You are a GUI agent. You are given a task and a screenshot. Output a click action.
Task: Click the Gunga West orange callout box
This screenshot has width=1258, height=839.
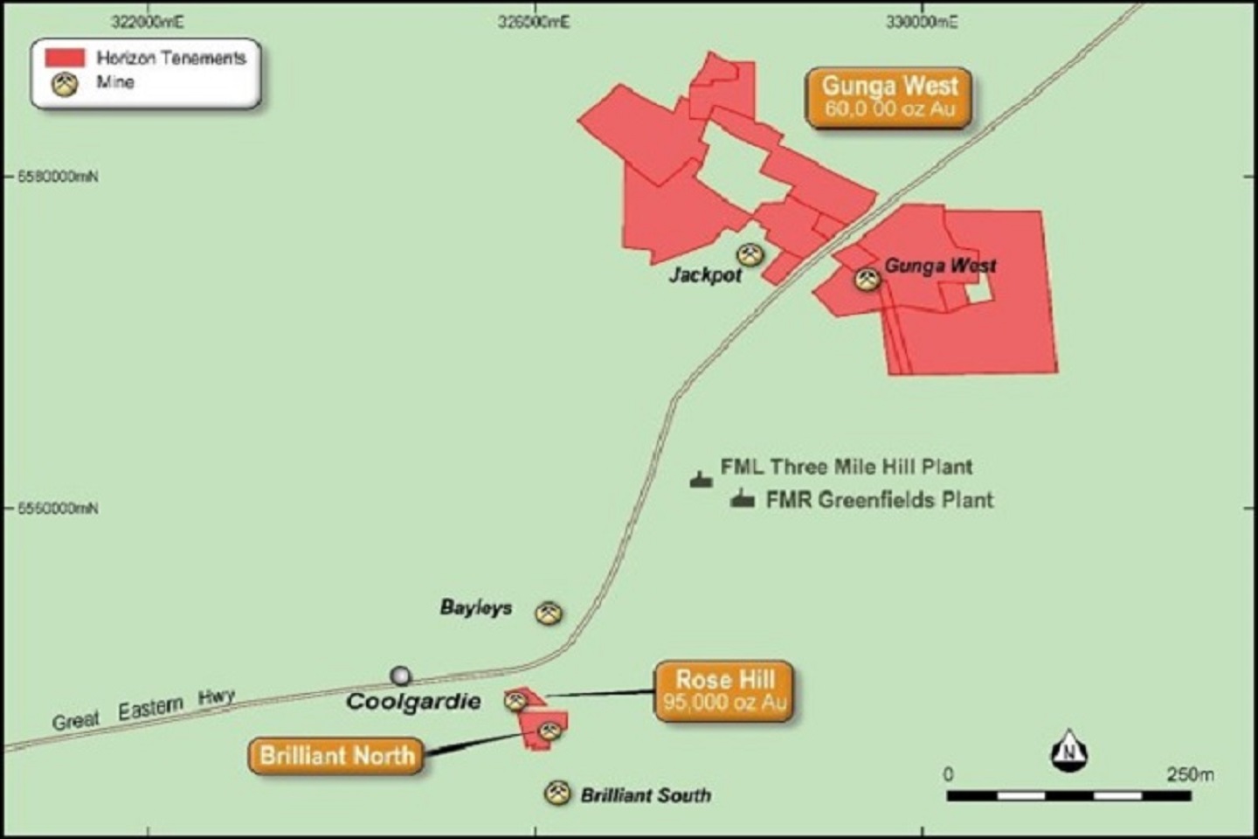pyautogui.click(x=888, y=97)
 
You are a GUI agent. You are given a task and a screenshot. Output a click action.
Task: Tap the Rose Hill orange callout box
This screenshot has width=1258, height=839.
pyautogui.click(x=724, y=690)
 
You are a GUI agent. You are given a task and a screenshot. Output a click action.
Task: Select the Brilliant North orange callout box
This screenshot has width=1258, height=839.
pyautogui.click(x=336, y=756)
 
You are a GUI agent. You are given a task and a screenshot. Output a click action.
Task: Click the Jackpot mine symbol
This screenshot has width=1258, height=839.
pyautogui.click(x=750, y=255)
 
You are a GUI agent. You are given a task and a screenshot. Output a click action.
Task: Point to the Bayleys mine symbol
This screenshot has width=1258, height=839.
pyautogui.click(x=549, y=613)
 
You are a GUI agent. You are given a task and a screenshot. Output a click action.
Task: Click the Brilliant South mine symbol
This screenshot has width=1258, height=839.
pyautogui.click(x=556, y=793)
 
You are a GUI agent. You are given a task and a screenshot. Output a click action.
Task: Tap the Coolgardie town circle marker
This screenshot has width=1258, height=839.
pyautogui.click(x=400, y=676)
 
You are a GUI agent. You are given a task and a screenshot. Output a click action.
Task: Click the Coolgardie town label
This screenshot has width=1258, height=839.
pyautogui.click(x=413, y=701)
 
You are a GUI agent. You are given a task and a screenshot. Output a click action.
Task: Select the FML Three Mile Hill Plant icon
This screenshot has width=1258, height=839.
pyautogui.click(x=701, y=479)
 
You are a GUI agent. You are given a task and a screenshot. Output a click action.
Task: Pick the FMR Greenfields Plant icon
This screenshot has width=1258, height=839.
pyautogui.click(x=743, y=498)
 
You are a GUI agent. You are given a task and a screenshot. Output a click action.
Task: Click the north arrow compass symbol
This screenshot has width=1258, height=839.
pyautogui.click(x=1068, y=751)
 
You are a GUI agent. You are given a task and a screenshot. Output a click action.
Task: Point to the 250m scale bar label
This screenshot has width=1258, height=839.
pyautogui.click(x=1190, y=774)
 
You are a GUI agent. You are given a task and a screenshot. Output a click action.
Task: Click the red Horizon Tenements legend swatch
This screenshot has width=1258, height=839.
pyautogui.click(x=65, y=58)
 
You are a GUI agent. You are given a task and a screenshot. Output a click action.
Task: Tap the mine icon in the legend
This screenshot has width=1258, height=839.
pyautogui.click(x=65, y=84)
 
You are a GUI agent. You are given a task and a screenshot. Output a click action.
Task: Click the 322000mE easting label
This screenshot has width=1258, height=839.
pyautogui.click(x=148, y=22)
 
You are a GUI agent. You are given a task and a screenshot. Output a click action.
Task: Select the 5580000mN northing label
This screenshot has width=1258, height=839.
pyautogui.click(x=58, y=177)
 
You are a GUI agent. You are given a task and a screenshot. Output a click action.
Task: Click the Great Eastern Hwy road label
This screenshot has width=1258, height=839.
pyautogui.click(x=143, y=710)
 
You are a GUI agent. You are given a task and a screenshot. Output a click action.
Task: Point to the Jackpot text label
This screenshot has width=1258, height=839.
pyautogui.click(x=705, y=275)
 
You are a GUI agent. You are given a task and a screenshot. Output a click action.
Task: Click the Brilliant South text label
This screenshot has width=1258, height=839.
pyautogui.click(x=646, y=795)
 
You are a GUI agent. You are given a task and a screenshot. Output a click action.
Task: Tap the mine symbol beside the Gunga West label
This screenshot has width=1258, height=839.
pyautogui.click(x=867, y=279)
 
